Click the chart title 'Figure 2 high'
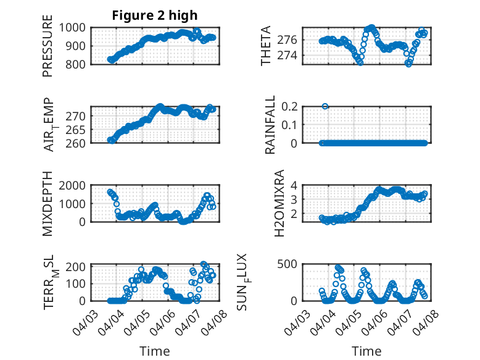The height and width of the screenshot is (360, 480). [x=155, y=15]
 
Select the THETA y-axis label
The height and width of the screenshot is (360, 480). [x=266, y=46]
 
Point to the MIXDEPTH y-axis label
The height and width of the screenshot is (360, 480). [x=48, y=204]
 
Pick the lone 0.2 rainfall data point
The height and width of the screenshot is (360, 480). [x=325, y=106]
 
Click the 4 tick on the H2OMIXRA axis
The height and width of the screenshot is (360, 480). [x=295, y=185]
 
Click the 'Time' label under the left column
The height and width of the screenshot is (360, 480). [x=155, y=351]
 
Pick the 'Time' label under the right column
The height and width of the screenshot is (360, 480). [x=366, y=351]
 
